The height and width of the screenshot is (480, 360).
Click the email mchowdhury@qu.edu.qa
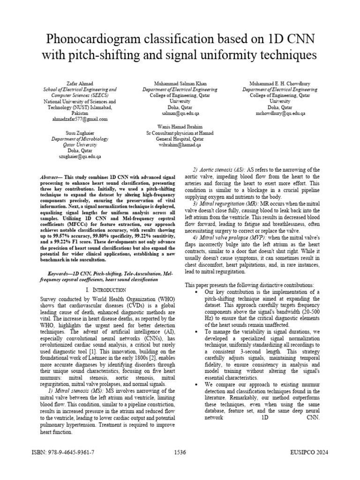pos(280,113)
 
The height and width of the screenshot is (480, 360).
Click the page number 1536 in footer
pos(180,452)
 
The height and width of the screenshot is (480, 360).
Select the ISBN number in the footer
pos(62,452)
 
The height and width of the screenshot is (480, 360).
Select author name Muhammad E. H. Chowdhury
pos(280,83)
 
